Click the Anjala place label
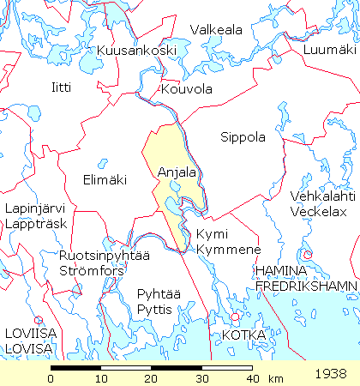pyautogui.click(x=177, y=172)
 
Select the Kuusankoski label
pyautogui.click(x=137, y=51)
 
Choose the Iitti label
pyautogui.click(x=62, y=87)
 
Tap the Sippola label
pyautogui.click(x=243, y=137)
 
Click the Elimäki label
pyautogui.click(x=105, y=180)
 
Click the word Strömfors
pyautogui.click(x=93, y=270)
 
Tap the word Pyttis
pyautogui.click(x=155, y=309)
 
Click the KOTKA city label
pyautogui.click(x=243, y=334)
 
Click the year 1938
pyautogui.click(x=330, y=374)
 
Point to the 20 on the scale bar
pyautogui.click(x=152, y=378)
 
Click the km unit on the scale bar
pyautogui.click(x=275, y=378)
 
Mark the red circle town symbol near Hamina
pyautogui.click(x=306, y=255)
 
